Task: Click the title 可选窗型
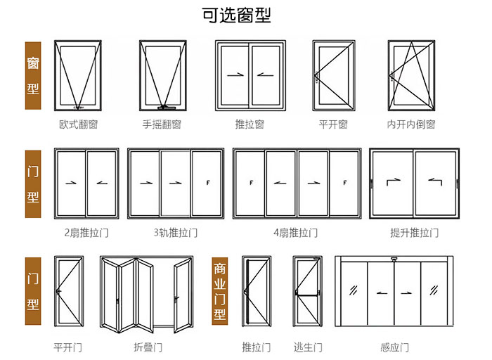(x=246, y=15)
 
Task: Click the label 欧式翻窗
(x=78, y=124)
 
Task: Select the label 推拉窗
(x=250, y=124)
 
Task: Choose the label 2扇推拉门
(x=86, y=232)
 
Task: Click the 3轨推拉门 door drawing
(x=176, y=184)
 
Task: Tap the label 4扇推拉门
(x=296, y=232)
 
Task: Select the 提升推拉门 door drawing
(x=414, y=184)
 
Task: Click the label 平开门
(x=68, y=347)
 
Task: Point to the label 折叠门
(x=148, y=347)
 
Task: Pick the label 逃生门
(x=308, y=347)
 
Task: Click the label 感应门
(x=394, y=347)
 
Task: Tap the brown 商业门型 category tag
(x=219, y=290)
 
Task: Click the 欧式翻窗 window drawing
(x=78, y=76)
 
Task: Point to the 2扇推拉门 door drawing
(x=86, y=184)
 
